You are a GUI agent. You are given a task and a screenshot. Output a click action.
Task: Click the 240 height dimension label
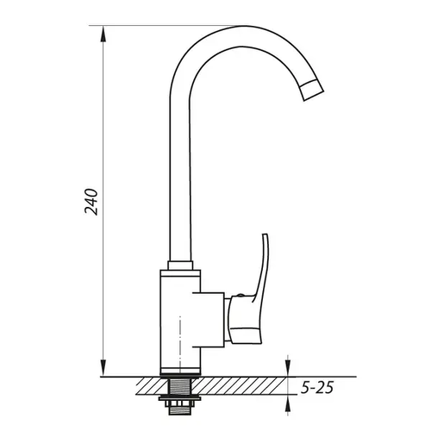coord(91,202)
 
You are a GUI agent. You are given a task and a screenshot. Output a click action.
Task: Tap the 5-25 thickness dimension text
coord(317,388)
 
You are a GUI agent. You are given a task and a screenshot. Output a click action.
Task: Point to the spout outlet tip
coord(313,91)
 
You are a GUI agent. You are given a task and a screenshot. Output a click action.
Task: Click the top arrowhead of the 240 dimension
coord(103,34)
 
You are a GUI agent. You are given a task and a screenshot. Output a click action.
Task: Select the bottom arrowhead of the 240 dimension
coord(103,368)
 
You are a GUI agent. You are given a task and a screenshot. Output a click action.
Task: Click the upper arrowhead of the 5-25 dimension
coord(288,368)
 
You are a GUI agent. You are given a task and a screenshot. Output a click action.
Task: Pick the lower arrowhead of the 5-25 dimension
coord(288,403)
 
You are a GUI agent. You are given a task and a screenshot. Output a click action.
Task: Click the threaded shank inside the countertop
coord(180,387)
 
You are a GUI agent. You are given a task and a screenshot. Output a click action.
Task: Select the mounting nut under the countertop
coord(180,398)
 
